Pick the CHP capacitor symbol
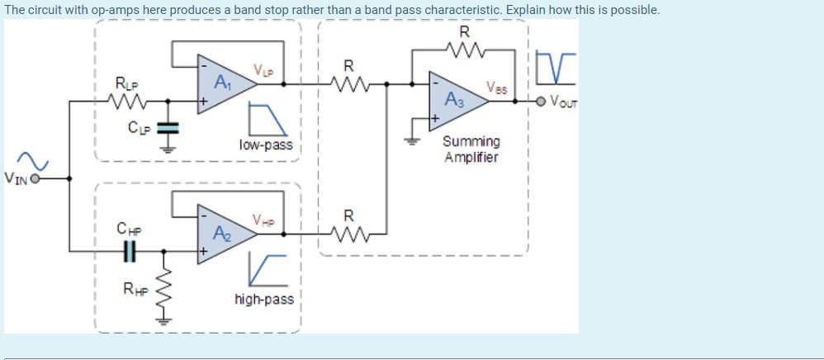(129, 249)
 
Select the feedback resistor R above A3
(464, 52)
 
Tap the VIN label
(16, 177)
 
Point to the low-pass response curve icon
(268, 119)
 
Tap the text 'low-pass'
(265, 144)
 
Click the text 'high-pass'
(263, 299)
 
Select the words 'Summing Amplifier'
(471, 149)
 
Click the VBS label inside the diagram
(498, 86)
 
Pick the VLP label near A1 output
(263, 69)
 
